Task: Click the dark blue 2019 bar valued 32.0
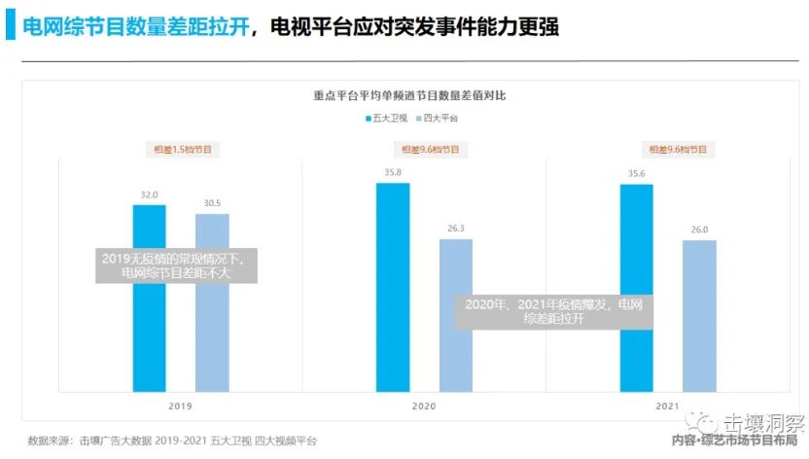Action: (x=150, y=321)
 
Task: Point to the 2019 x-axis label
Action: (x=181, y=406)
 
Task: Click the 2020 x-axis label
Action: (x=424, y=406)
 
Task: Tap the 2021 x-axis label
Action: (x=667, y=406)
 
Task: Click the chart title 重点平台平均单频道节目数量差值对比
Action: (x=409, y=95)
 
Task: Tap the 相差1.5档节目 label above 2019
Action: (x=182, y=150)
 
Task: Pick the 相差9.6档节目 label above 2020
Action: (x=425, y=150)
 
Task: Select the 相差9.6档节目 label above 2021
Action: (x=668, y=150)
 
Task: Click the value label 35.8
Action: (x=393, y=172)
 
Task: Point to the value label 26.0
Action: (x=699, y=229)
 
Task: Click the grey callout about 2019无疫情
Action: (x=178, y=265)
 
